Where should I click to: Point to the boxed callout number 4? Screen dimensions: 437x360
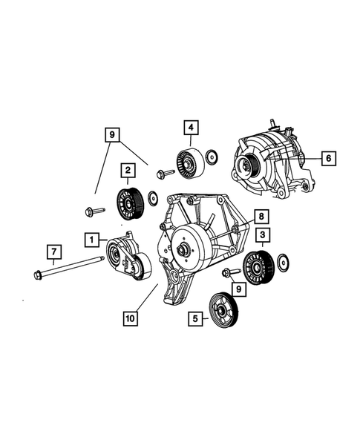tap(191, 128)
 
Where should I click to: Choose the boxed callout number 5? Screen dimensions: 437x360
tap(196, 320)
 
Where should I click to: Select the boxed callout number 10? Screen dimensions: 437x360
tap(131, 318)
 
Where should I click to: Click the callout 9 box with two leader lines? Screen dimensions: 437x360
tap(112, 134)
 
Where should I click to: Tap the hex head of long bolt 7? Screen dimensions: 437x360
tap(38, 277)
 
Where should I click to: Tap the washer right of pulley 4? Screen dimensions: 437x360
tap(212, 157)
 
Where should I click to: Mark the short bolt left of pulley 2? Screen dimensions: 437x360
tap(92, 211)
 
